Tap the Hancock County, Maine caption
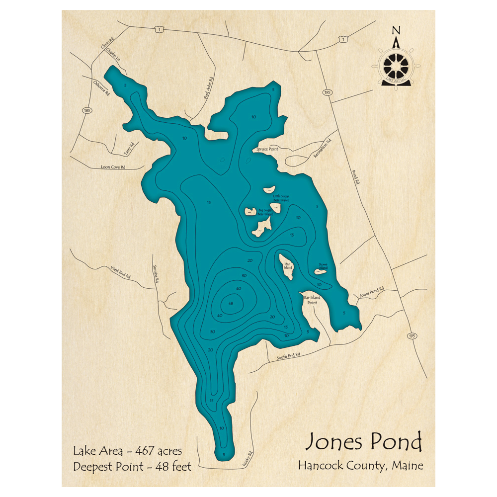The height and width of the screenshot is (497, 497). click(x=360, y=466)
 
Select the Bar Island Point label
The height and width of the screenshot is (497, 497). click(x=312, y=300)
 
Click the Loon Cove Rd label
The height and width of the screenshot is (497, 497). click(x=113, y=167)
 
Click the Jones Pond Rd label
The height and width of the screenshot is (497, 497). click(x=371, y=292)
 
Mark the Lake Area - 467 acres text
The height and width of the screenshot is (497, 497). click(x=127, y=451)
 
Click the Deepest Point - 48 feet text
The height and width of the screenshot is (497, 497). click(x=132, y=467)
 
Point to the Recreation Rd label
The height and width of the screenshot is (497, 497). click(x=322, y=149)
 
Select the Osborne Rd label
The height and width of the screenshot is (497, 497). click(x=101, y=87)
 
